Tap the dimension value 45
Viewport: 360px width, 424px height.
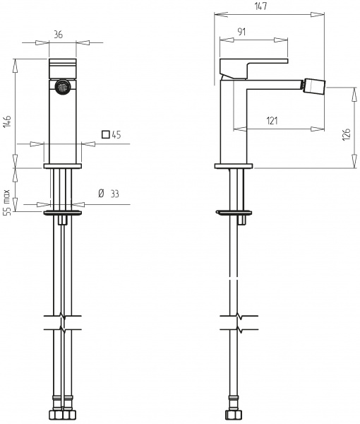pyautogui.click(x=116, y=134)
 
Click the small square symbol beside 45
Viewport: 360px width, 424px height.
pyautogui.click(x=105, y=134)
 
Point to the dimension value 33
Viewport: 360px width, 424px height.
pyautogui.click(x=113, y=194)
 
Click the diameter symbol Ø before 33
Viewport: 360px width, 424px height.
pyautogui.click(x=100, y=194)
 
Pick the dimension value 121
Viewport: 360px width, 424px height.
pyautogui.click(x=272, y=121)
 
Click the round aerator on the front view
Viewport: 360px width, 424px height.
pyautogui.click(x=63, y=88)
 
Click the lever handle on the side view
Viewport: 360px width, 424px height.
pyautogui.click(x=254, y=66)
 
